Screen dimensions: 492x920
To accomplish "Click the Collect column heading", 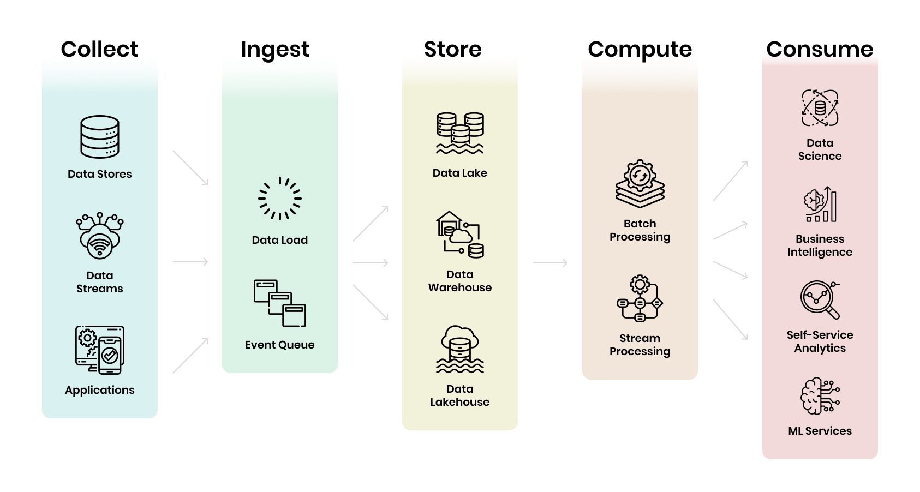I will (x=99, y=49).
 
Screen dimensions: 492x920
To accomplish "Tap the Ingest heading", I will (x=274, y=50).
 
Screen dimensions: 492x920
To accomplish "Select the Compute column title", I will (x=640, y=50).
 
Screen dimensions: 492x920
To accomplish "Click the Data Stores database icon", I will (x=100, y=136).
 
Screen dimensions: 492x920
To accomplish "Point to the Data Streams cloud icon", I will (x=100, y=236).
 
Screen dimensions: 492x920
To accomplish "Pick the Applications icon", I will (x=100, y=350).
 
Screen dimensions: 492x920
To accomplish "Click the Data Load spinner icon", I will (x=280, y=199).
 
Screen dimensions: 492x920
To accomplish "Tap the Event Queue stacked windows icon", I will (x=280, y=303).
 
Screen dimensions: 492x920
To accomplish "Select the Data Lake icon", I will (x=460, y=133).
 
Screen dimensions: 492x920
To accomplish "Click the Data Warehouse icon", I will (x=460, y=235).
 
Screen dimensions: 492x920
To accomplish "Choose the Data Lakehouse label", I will (x=460, y=395).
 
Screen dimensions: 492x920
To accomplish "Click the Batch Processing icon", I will (x=640, y=184).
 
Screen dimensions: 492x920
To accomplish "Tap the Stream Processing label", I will (x=640, y=345).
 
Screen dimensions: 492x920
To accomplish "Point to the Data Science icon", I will (x=820, y=108).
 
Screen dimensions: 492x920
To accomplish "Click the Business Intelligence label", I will (x=820, y=245).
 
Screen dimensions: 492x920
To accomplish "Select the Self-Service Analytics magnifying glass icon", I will (x=820, y=300).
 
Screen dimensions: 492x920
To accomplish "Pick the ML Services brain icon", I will (x=820, y=396).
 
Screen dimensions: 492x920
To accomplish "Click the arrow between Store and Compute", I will (x=550, y=263).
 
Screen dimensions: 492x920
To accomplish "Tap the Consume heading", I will (x=820, y=49).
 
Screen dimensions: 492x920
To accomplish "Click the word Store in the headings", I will (x=453, y=49).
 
